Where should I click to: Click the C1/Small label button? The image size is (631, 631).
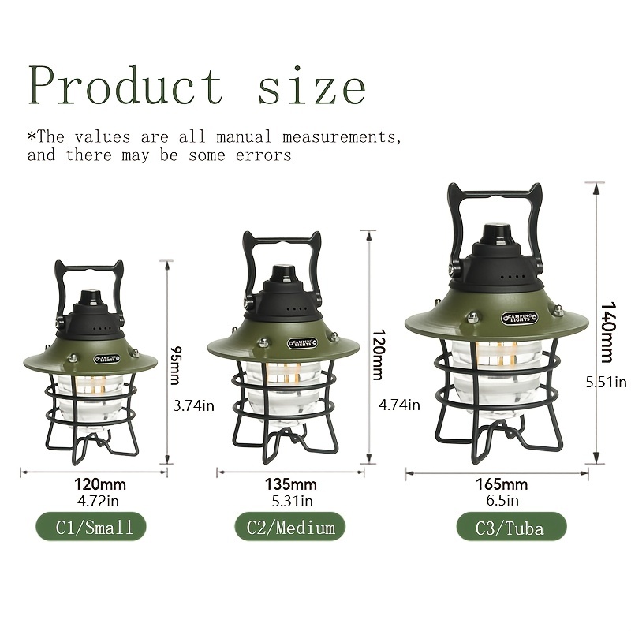coord(91,527)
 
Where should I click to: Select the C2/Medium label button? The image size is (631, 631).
coord(290,527)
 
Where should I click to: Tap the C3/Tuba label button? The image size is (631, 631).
coord(511,527)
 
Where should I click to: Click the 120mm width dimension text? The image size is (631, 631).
coord(100,484)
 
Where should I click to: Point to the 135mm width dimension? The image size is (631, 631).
coord(290,484)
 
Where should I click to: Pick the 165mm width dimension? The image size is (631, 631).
coord(502,484)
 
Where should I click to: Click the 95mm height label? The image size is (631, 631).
coord(176,365)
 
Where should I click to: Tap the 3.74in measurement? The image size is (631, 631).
coord(193,405)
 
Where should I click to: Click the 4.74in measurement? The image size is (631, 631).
coord(399,405)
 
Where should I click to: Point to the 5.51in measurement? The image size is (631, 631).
coord(606,382)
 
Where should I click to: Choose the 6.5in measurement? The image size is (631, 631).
coord(502,500)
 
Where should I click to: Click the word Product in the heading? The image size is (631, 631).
coord(125,86)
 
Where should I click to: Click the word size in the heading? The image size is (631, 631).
coord(312,88)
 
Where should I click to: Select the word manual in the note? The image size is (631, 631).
coord(244,137)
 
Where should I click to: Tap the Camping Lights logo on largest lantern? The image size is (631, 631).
coord(519,318)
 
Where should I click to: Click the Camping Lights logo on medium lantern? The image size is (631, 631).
coord(302,343)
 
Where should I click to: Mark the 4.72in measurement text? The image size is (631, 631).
coord(98,501)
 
